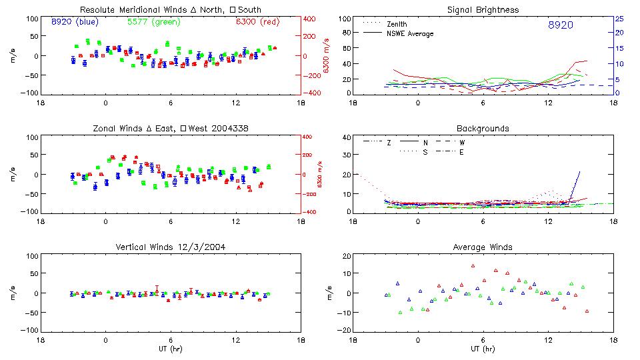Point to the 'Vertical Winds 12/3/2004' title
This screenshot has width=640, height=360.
[x=170, y=247]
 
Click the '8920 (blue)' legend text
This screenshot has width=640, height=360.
[x=75, y=21]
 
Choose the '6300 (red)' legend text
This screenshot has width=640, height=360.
[x=256, y=21]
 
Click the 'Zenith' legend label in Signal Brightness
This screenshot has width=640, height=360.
[x=397, y=24]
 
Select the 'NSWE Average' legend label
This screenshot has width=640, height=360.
[x=410, y=33]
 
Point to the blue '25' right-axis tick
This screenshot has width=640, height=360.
[x=619, y=18]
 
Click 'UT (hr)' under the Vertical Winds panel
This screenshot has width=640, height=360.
[x=170, y=348]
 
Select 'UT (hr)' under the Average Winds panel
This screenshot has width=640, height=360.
[x=483, y=348]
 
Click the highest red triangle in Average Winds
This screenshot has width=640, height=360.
[x=473, y=265]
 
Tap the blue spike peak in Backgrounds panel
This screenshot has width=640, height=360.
[x=579, y=172]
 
